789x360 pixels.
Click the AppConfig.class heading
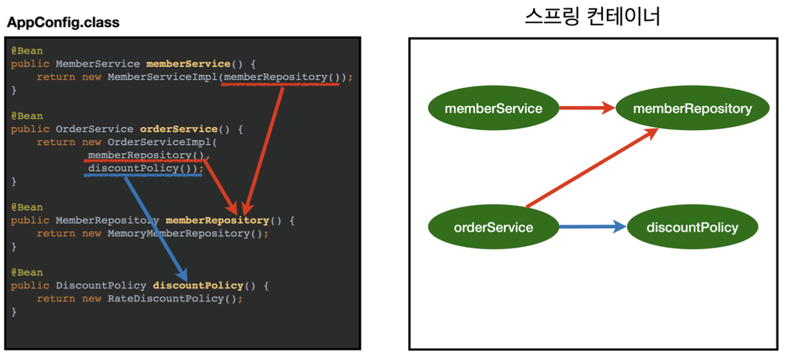tap(63, 23)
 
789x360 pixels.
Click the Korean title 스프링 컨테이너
tap(593, 16)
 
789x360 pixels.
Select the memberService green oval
tap(494, 108)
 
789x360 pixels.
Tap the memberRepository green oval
tap(692, 108)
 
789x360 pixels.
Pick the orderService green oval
tap(494, 227)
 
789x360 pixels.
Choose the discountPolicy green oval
tap(692, 227)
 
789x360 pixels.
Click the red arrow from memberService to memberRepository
tap(587, 107)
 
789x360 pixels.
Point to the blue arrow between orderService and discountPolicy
tap(593, 227)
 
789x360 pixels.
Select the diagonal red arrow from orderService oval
tap(593, 168)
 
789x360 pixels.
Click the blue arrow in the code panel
tap(156, 229)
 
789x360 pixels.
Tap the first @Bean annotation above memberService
tap(27, 51)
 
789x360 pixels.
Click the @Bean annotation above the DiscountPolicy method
tap(27, 273)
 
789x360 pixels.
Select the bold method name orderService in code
tap(179, 129)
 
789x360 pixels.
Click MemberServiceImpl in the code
tap(163, 77)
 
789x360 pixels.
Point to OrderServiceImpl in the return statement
tap(159, 142)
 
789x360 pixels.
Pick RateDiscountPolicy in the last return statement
tap(166, 298)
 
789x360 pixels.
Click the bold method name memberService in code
tap(189, 64)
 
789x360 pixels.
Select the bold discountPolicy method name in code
tap(198, 286)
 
